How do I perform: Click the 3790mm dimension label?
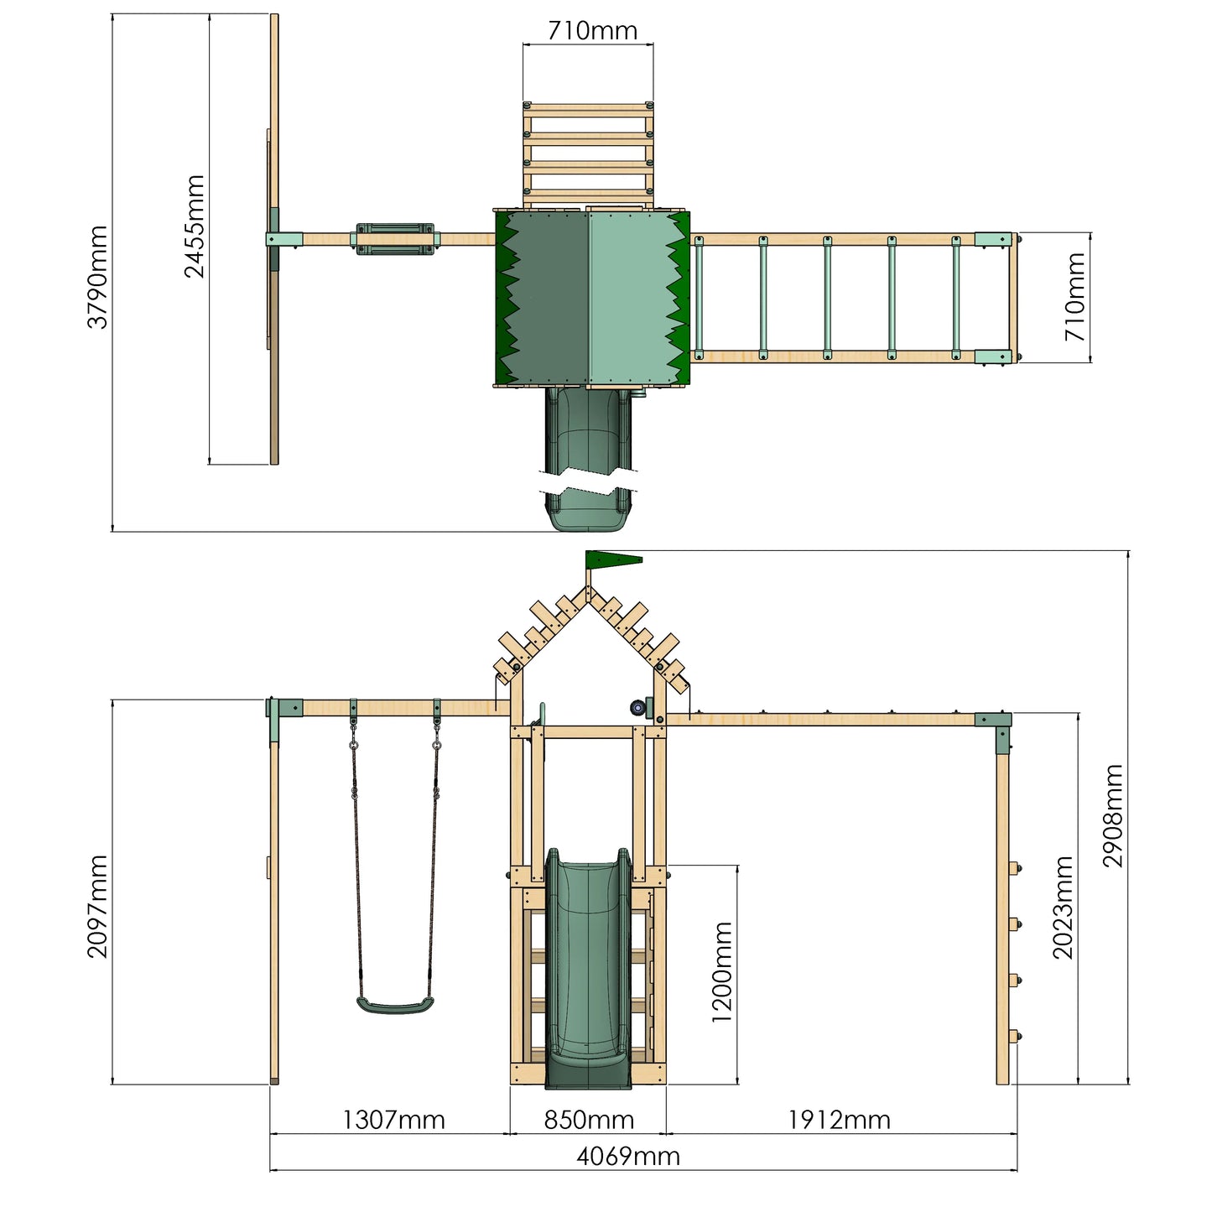pyautogui.click(x=98, y=277)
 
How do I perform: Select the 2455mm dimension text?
pyautogui.click(x=195, y=226)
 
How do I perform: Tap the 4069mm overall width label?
pyautogui.click(x=627, y=1157)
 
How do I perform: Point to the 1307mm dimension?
pyautogui.click(x=393, y=1120)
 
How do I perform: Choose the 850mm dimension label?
pyautogui.click(x=589, y=1120)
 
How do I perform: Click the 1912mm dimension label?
pyautogui.click(x=839, y=1120)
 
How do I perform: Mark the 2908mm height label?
pyautogui.click(x=1112, y=815)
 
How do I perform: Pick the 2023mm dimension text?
pyautogui.click(x=1063, y=908)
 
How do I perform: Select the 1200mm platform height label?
pyautogui.click(x=722, y=972)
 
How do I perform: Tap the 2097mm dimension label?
pyautogui.click(x=98, y=906)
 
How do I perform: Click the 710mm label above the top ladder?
pyautogui.click(x=592, y=31)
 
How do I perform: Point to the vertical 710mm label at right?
pyautogui.click(x=1075, y=297)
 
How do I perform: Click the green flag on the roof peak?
pyautogui.click(x=612, y=559)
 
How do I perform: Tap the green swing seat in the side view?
pyautogui.click(x=395, y=1005)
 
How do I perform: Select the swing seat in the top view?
pyautogui.click(x=396, y=238)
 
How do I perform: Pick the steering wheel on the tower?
pyautogui.click(x=641, y=707)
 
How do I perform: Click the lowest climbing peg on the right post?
pyautogui.click(x=1016, y=1036)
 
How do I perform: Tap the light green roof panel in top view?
pyautogui.click(x=629, y=298)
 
